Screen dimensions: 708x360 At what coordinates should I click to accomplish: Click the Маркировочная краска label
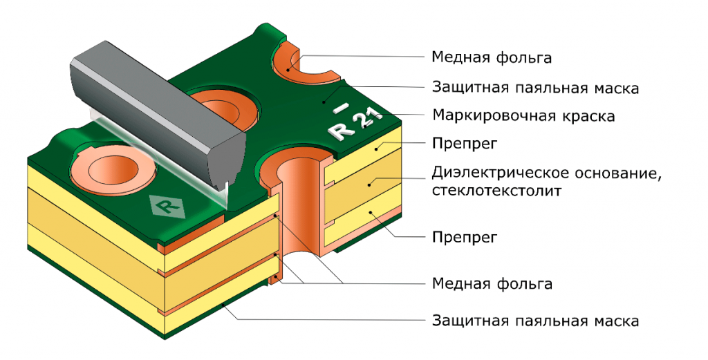pyautogui.click(x=523, y=115)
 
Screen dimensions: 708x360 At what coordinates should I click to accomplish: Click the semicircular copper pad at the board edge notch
pyautogui.click(x=290, y=64)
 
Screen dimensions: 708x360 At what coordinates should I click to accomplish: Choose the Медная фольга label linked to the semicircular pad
pyautogui.click(x=492, y=57)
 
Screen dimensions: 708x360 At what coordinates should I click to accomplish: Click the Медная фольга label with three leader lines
pyautogui.click(x=492, y=283)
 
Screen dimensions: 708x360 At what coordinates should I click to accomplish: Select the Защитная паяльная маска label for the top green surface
pyautogui.click(x=534, y=88)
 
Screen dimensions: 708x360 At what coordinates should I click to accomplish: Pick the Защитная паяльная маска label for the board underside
pyautogui.click(x=534, y=321)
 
